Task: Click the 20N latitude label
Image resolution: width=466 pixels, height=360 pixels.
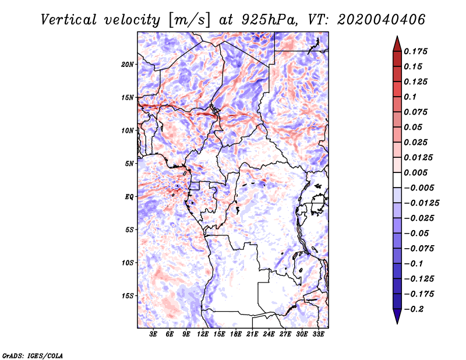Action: (128, 65)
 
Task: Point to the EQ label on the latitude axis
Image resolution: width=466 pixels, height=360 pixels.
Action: (129, 197)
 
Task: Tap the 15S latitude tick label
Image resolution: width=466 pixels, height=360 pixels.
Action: (128, 296)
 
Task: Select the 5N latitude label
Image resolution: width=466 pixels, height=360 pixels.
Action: (129, 164)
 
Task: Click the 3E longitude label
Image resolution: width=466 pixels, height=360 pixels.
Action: (153, 334)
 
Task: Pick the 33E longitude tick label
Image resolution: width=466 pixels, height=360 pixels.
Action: (318, 334)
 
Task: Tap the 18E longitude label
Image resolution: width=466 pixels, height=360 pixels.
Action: (236, 334)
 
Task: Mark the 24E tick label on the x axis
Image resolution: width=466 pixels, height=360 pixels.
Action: (269, 334)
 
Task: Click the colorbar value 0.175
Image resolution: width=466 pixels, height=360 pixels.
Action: (415, 51)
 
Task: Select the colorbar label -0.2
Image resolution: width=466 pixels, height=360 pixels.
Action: (414, 309)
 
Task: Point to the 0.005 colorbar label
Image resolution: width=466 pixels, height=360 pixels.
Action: (415, 172)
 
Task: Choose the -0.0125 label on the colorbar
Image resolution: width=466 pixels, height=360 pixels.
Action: (421, 203)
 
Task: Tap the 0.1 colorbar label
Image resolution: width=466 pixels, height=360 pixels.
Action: (410, 97)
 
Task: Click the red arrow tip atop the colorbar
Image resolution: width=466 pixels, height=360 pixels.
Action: (397, 37)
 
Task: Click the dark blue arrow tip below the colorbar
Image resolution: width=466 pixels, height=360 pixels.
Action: (397, 323)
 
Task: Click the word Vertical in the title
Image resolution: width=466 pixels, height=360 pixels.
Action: (69, 20)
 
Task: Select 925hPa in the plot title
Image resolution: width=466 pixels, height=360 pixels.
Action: (269, 20)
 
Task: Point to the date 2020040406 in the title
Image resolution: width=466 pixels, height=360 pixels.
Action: (382, 20)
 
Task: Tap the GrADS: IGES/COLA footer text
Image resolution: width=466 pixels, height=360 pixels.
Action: (33, 356)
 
